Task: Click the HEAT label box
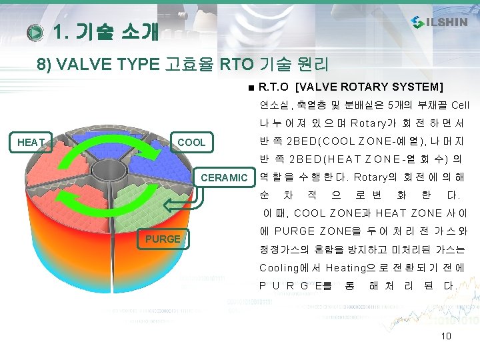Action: click(31, 142)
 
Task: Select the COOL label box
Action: click(191, 142)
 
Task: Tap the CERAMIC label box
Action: click(225, 177)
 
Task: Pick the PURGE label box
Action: click(163, 239)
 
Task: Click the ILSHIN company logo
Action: click(439, 22)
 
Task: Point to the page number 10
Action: click(446, 336)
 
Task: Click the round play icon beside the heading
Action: click(35, 33)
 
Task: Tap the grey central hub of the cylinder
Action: click(109, 171)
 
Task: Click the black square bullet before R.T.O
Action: click(251, 88)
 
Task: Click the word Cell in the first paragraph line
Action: click(460, 105)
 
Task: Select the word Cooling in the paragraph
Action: click(279, 268)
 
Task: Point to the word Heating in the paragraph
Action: click(345, 268)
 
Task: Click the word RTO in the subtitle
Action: click(237, 64)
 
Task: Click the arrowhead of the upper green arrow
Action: click(151, 151)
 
